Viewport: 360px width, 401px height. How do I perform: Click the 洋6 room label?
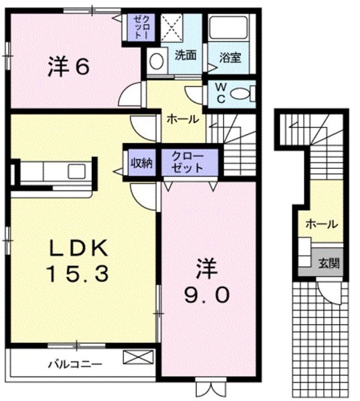68,67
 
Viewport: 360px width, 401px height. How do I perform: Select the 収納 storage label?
141,163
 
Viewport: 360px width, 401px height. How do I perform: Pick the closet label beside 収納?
188,163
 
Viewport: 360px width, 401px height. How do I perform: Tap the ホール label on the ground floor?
321,224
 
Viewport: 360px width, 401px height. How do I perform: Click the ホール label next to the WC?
181,119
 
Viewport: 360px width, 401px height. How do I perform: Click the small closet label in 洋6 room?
138,27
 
